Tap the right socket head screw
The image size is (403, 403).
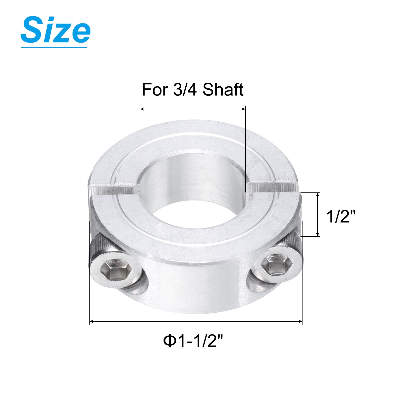[277, 266]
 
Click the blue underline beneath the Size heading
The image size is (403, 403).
[54, 47]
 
